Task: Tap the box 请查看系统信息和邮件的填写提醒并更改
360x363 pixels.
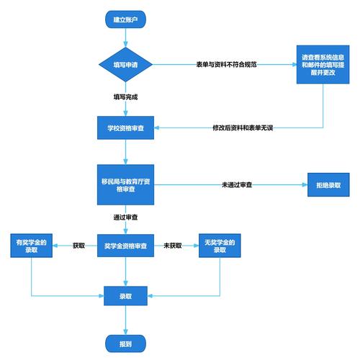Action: [323, 65]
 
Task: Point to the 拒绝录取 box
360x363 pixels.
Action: [329, 184]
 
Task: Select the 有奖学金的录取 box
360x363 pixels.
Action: [32, 246]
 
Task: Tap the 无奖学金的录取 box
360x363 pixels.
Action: [220, 246]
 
